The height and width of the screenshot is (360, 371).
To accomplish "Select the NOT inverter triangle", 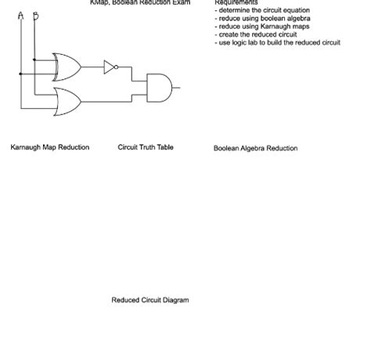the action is tap(109, 67).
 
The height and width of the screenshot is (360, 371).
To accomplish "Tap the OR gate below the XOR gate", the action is tap(67, 99).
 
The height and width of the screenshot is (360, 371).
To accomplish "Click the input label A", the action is tap(20, 16).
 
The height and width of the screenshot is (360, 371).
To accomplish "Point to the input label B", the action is tap(35, 16).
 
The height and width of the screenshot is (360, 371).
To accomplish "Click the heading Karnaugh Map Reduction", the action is tap(49, 147).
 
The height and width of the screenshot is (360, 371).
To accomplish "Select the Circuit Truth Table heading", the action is tap(146, 147).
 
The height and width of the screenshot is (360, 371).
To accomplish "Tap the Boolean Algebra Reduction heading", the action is tap(255, 148).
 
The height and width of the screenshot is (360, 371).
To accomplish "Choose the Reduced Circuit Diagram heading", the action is tap(149, 300).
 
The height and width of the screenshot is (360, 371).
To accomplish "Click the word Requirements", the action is tap(236, 3).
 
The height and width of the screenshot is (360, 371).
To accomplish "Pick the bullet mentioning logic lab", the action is tap(277, 42).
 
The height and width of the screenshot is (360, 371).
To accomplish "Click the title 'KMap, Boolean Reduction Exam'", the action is tap(139, 3).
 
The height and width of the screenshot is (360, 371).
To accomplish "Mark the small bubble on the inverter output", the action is tap(117, 67).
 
